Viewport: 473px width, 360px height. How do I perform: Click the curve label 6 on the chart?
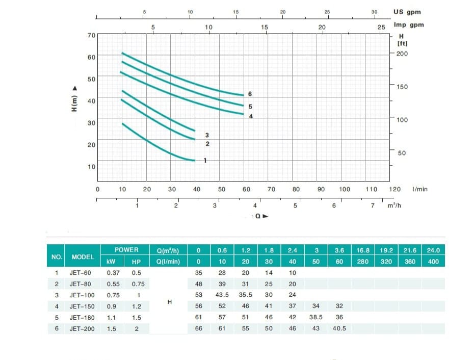[250, 94]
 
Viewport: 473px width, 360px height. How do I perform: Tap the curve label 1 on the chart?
[205, 161]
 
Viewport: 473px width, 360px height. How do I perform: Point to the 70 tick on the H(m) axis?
[91, 35]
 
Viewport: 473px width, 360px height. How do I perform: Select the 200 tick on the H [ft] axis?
[402, 54]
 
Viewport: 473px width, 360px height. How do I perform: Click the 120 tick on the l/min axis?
[395, 189]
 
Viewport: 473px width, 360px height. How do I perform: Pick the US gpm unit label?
[407, 12]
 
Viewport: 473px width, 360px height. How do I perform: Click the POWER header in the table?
[126, 250]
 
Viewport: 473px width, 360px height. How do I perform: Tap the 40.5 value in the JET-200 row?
[339, 329]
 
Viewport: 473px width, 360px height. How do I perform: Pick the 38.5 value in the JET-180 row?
[316, 317]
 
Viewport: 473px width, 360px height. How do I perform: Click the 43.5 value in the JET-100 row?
[222, 295]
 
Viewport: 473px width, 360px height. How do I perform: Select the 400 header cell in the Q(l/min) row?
[433, 262]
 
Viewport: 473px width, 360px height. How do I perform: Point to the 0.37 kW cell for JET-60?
[113, 273]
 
